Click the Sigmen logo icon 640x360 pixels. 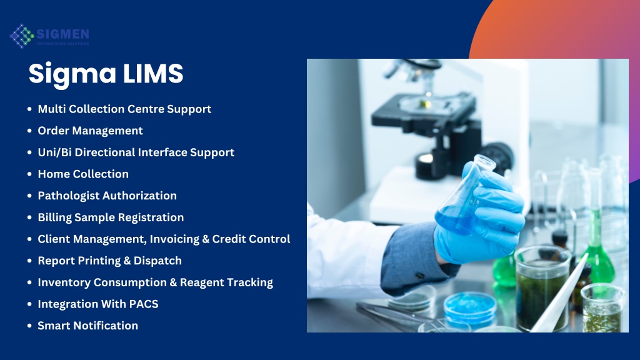(22, 36)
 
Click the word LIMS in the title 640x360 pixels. (153, 74)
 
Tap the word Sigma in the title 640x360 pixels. (72, 75)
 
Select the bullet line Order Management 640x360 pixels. (90, 131)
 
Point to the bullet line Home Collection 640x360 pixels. (83, 174)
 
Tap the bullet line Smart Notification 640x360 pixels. (87, 326)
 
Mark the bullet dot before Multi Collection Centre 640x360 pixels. (29, 109)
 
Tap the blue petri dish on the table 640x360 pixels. (470, 307)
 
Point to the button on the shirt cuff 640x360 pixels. (419, 276)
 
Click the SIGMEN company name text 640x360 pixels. (62, 34)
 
